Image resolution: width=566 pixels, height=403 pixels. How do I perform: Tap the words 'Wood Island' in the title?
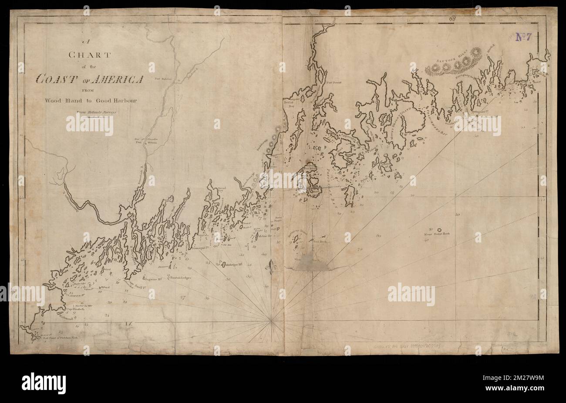pyautogui.click(x=60, y=100)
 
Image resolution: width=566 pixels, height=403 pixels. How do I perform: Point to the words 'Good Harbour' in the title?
pyautogui.click(x=115, y=100)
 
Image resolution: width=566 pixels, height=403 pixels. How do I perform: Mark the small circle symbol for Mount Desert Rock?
pyautogui.click(x=439, y=229)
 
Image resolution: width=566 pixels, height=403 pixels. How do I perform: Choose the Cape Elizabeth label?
pyautogui.click(x=75, y=310)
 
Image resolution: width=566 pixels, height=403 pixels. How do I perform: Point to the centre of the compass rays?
pyautogui.click(x=271, y=321)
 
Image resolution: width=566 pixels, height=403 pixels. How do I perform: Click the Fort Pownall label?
pyautogui.click(x=335, y=82)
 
